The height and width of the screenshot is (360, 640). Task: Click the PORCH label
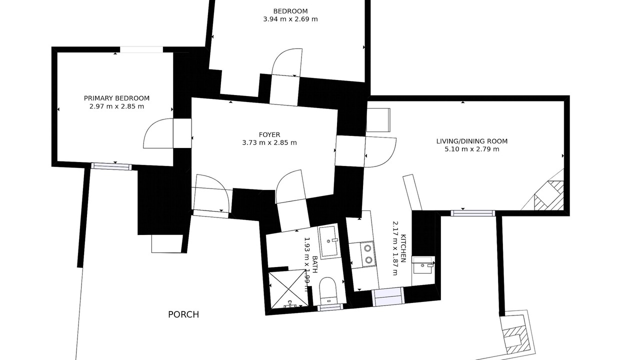pos(183,314)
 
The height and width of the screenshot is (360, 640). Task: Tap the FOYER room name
pos(269,134)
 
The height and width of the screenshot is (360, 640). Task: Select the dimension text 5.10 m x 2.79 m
pos(472,149)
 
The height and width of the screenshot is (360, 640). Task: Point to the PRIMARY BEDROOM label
pos(116,98)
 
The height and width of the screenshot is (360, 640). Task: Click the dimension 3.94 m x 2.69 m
pos(290,19)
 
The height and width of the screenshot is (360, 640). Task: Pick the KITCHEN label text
pos(403,248)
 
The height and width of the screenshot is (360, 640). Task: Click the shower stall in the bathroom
pos(288,289)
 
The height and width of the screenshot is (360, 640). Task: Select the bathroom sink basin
pos(328,241)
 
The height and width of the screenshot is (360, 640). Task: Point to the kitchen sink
pos(423,265)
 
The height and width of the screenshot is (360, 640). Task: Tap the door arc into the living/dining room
pos(381,152)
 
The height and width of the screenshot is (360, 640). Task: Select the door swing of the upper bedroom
pos(286,62)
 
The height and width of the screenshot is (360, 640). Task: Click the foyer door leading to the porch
pos(211,193)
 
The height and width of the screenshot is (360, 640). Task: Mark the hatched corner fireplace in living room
pos(549,195)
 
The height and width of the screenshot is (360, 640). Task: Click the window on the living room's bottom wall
pos(473,213)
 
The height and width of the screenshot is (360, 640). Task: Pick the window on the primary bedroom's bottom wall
pos(111,166)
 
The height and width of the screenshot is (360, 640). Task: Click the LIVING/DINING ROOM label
pos(472,141)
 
